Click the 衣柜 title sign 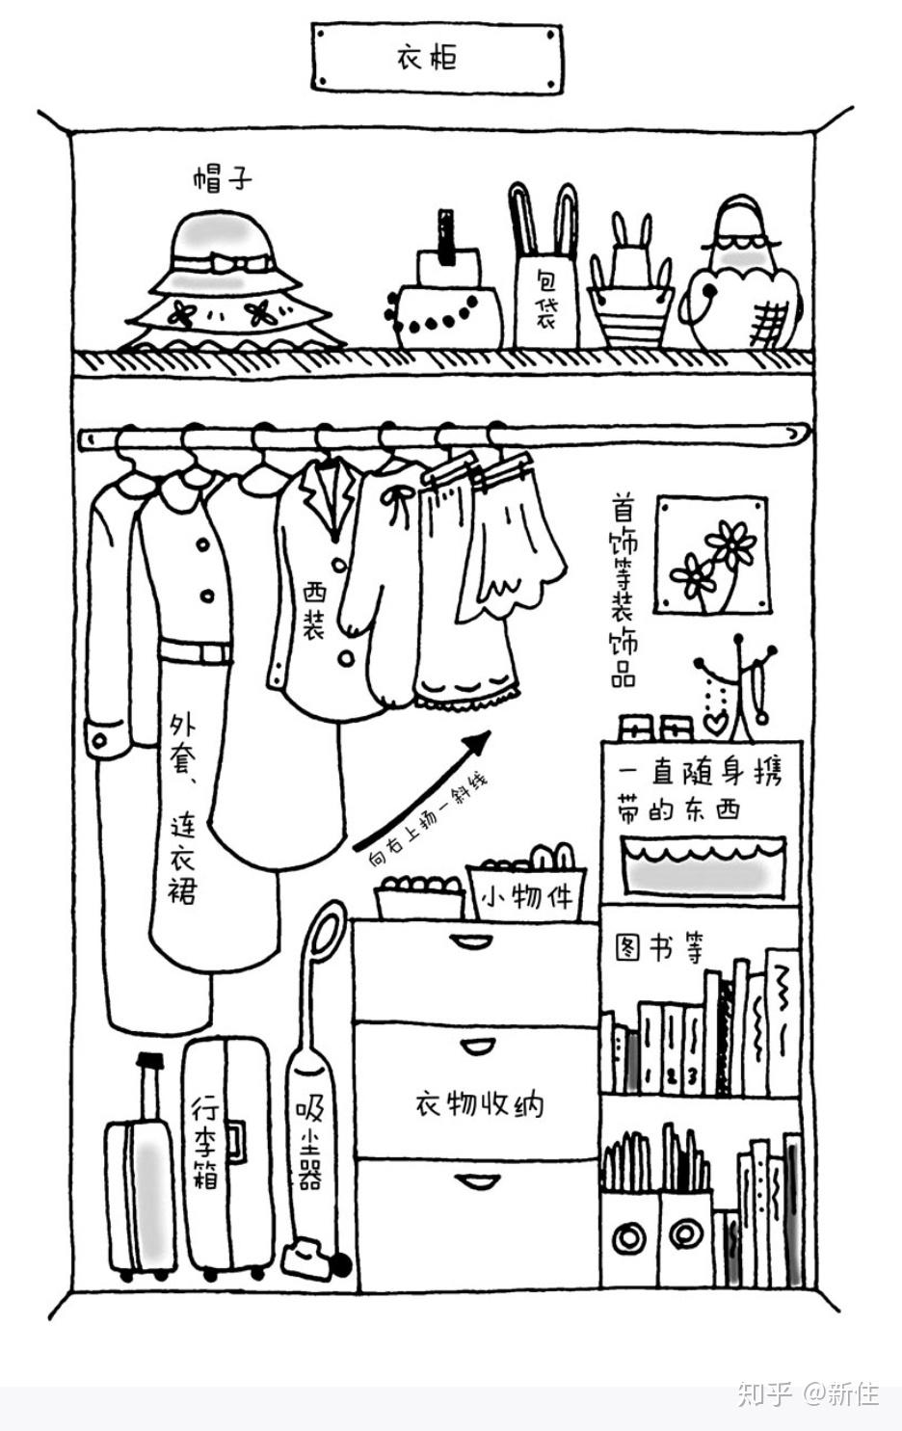437,58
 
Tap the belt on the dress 197,651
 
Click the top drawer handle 472,941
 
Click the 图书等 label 660,949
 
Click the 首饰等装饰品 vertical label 623,590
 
